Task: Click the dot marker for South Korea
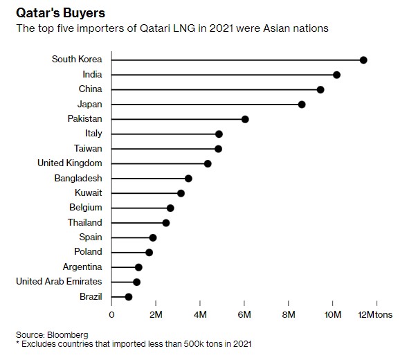click(x=363, y=60)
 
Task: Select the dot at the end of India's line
click(x=336, y=75)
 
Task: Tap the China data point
click(x=320, y=89)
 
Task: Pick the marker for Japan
click(x=302, y=105)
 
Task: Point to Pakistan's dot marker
click(x=245, y=119)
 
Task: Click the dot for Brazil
click(x=128, y=296)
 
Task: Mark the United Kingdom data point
click(x=208, y=163)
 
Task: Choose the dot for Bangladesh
click(x=188, y=178)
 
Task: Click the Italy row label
click(x=93, y=134)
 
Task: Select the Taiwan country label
click(x=88, y=148)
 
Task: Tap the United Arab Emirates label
click(x=59, y=282)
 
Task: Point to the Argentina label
click(x=82, y=267)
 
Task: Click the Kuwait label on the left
click(x=88, y=193)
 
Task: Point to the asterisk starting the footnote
click(x=17, y=343)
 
